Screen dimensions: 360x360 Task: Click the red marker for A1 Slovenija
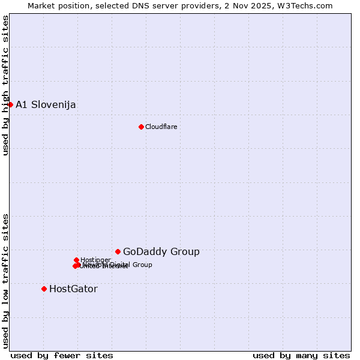tap(10, 104)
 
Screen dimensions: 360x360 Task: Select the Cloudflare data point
tap(141, 127)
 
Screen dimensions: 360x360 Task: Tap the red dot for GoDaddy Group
tap(118, 251)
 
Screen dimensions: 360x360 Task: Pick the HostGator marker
tap(44, 289)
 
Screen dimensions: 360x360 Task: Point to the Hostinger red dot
tap(76, 260)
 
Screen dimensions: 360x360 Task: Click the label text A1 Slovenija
tap(46, 105)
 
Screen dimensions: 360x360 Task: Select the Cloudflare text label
tap(161, 127)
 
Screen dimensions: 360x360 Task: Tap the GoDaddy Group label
tap(161, 252)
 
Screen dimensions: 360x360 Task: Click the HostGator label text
tap(73, 289)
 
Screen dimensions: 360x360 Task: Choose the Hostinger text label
tap(95, 260)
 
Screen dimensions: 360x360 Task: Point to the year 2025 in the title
tap(265, 5)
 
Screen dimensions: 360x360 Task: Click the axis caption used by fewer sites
tap(62, 355)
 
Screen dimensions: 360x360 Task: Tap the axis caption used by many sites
tap(301, 355)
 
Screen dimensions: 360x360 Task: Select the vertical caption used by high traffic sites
tap(5, 85)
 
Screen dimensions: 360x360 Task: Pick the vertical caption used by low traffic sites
tap(5, 280)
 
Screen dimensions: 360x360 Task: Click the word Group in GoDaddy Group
tap(185, 252)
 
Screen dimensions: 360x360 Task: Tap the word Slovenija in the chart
tap(54, 105)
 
